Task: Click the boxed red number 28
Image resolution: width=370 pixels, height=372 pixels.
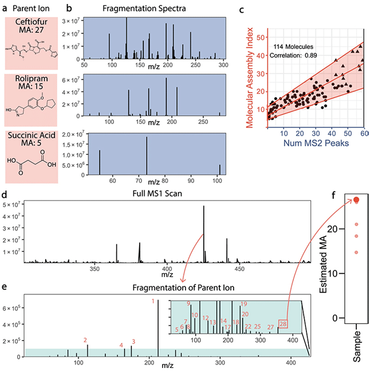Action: pos(282,326)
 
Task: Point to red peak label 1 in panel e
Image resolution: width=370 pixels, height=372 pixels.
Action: pos(153,301)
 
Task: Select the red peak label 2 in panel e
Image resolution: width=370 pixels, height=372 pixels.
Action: pos(85,340)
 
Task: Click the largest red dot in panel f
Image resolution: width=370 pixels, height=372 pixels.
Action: pos(356,199)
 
